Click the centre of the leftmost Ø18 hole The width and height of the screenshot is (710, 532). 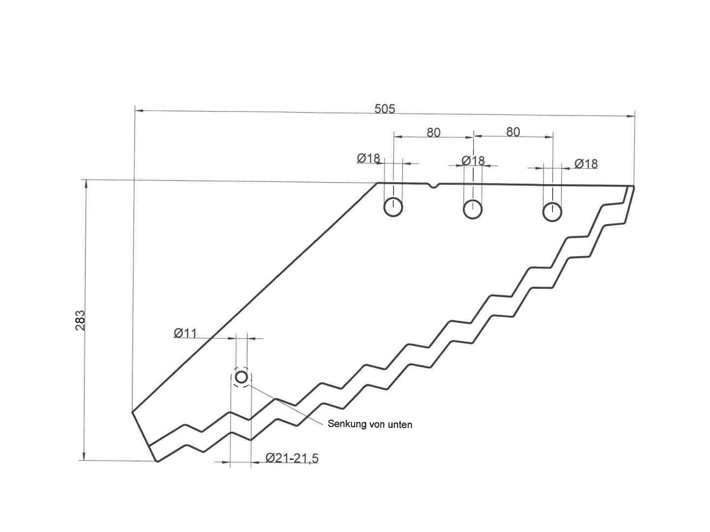[393, 207]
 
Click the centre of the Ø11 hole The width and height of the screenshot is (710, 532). [241, 376]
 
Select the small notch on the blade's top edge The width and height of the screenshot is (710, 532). [434, 186]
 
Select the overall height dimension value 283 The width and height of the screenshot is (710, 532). [80, 320]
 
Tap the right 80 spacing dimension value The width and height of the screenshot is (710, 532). [513, 132]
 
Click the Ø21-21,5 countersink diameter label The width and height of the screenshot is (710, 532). [292, 458]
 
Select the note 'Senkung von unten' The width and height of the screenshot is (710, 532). [370, 424]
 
